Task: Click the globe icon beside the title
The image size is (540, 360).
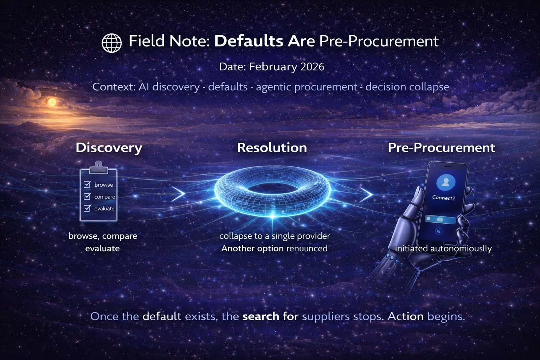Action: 111,43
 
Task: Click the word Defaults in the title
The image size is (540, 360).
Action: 249,41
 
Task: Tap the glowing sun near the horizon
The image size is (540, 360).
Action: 52,102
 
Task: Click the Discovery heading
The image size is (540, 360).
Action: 109,148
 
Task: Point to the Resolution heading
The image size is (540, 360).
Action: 272,148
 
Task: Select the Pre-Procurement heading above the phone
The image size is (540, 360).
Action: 441,148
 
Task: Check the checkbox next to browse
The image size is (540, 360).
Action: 87,184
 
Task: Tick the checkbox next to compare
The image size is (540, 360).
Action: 87,196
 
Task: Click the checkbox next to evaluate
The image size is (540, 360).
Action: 87,208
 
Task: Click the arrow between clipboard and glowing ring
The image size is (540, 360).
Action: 179,194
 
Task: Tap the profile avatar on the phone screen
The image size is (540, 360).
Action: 445,182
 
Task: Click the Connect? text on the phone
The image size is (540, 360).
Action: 444,198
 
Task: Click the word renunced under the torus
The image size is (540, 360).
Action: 307,249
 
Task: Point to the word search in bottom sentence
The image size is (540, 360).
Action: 261,316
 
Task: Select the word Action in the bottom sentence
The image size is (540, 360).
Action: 405,316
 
